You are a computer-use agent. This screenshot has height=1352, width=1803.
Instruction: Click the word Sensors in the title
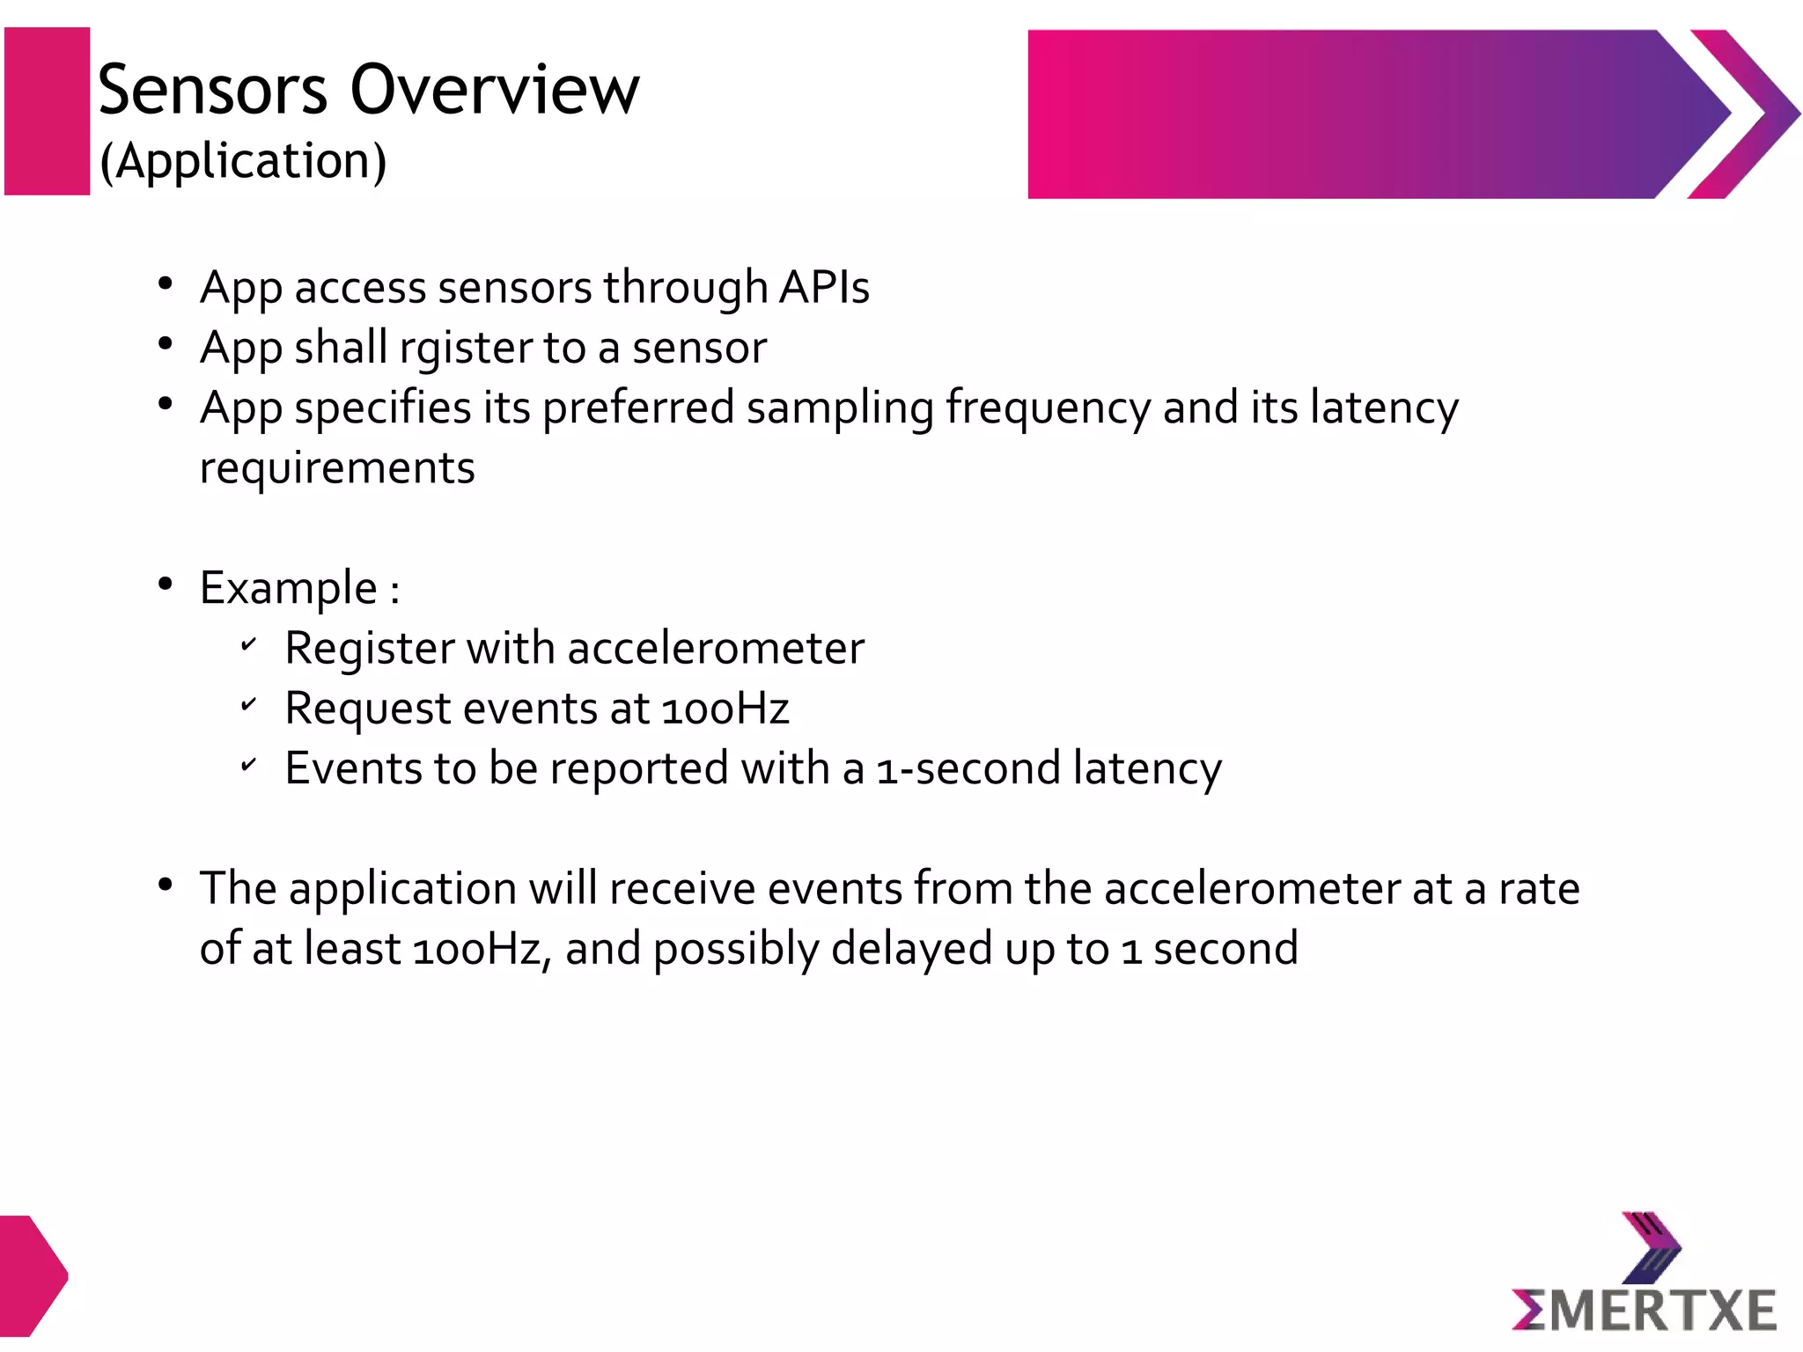212,90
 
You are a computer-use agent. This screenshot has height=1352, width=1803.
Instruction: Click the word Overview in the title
495,90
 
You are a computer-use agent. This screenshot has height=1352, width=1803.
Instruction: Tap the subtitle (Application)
243,161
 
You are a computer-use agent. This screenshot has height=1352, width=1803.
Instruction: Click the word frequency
1048,408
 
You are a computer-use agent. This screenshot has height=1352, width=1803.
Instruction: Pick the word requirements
337,467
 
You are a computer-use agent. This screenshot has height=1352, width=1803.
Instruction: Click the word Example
289,588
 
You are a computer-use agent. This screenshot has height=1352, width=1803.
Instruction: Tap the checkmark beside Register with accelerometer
249,645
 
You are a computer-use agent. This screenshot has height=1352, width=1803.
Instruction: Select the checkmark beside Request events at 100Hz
249,704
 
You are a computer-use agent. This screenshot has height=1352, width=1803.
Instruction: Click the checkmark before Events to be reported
249,765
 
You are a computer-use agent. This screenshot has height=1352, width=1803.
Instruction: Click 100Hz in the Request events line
725,709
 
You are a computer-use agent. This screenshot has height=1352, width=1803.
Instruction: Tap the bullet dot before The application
165,885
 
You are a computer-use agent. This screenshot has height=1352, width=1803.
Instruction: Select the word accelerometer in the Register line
716,649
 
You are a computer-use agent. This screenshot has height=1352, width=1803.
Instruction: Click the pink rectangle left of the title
48,111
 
